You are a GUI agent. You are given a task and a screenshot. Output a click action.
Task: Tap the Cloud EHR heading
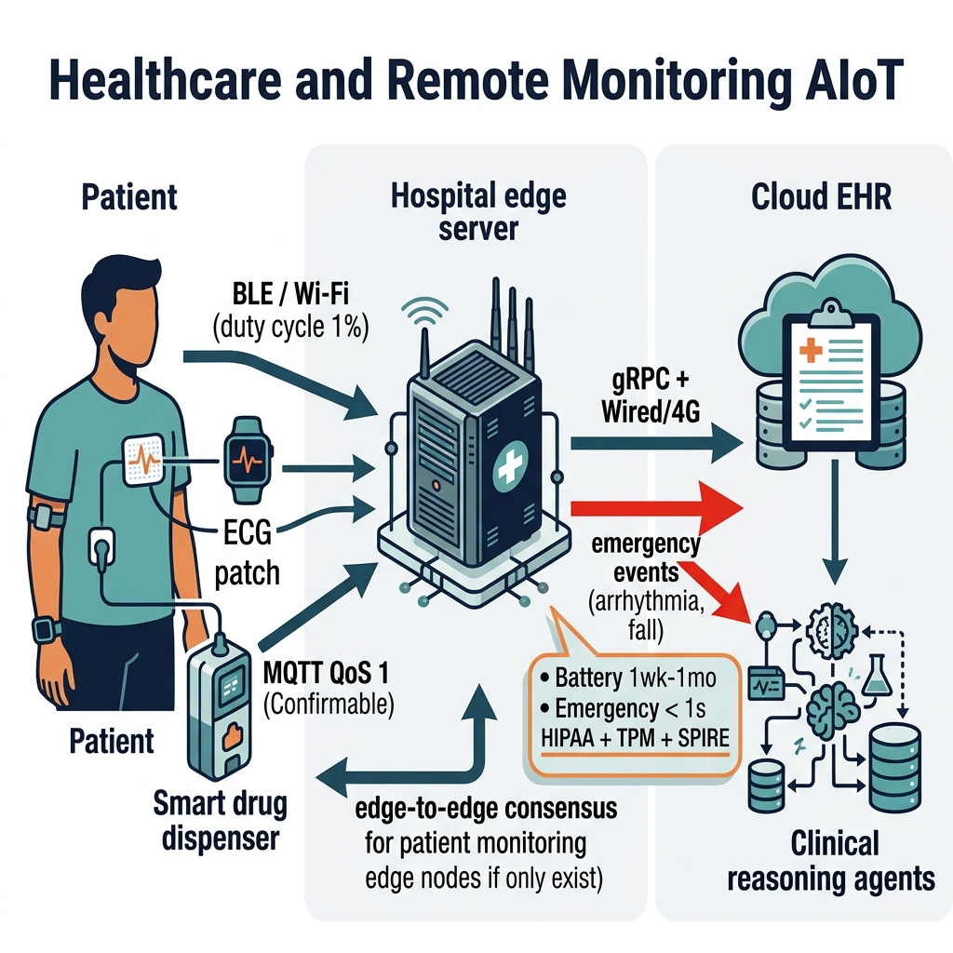tap(821, 196)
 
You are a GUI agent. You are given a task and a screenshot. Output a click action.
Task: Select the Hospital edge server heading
tap(478, 212)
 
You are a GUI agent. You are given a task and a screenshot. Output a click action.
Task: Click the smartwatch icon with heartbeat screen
tap(248, 460)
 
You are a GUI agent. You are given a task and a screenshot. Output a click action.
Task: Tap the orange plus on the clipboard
tap(811, 350)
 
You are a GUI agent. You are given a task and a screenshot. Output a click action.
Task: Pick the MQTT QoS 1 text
tap(326, 673)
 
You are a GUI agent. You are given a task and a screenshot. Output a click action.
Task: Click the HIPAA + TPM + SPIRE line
tap(635, 738)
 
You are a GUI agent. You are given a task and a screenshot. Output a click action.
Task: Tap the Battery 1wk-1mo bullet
tap(627, 678)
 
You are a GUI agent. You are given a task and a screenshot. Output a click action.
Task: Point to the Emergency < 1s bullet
tap(623, 708)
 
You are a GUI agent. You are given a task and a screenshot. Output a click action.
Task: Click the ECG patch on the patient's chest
tap(143, 460)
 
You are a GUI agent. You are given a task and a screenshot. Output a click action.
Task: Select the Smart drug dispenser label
tap(220, 821)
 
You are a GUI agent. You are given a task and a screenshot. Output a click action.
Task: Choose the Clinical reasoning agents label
tap(831, 861)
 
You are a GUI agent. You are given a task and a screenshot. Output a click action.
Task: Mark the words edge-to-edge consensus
tap(486, 809)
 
